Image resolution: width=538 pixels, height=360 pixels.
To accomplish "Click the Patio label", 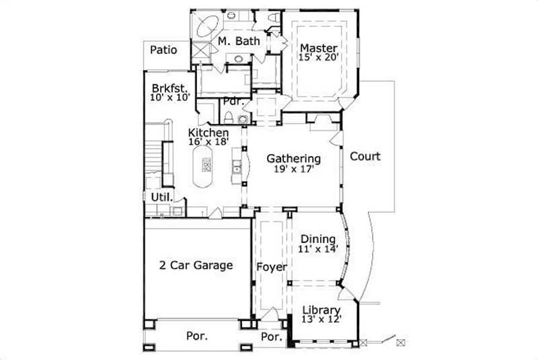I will (163, 49).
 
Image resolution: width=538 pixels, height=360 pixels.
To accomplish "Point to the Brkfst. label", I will (169, 88).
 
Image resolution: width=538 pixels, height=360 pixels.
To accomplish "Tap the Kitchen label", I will (208, 133).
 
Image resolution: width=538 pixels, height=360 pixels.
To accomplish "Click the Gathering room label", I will (293, 159).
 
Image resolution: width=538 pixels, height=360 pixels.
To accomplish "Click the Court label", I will (365, 157).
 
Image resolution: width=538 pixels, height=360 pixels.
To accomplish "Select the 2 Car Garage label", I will (196, 265).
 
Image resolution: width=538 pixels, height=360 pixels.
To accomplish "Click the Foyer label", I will (272, 267).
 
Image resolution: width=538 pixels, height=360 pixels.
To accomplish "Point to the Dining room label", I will (318, 239).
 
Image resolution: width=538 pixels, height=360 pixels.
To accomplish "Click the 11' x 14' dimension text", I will (318, 249).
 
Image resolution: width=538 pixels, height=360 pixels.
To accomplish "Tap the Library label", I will (320, 310).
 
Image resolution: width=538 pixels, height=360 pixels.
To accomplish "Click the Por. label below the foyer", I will (270, 336).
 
